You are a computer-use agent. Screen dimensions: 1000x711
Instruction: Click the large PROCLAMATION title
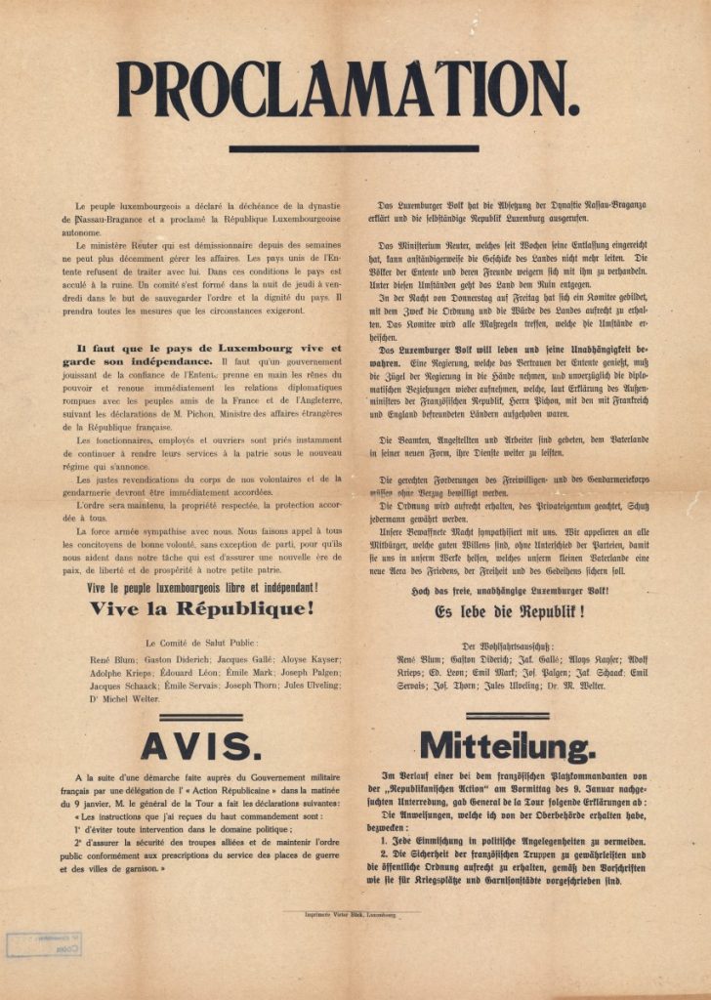[x=349, y=90]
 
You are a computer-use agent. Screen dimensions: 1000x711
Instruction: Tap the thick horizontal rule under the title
[x=354, y=149]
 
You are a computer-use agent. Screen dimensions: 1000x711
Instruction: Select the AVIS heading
[x=200, y=746]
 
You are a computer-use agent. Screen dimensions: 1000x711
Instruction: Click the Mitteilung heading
[x=508, y=747]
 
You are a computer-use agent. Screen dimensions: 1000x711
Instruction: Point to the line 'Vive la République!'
[x=202, y=608]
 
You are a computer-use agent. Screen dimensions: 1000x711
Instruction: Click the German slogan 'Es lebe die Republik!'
[x=509, y=611]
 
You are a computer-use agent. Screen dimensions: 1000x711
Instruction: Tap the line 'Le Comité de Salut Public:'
[x=202, y=643]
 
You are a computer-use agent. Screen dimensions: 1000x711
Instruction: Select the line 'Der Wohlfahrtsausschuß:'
[x=509, y=646]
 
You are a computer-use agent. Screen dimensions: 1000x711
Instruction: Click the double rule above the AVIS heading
[x=200, y=718]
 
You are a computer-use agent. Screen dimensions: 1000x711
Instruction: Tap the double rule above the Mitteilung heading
[x=508, y=718]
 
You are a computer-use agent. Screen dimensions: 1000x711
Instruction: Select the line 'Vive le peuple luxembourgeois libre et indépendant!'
[x=202, y=587]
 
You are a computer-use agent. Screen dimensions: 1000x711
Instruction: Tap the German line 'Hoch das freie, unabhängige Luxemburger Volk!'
[x=509, y=592]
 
